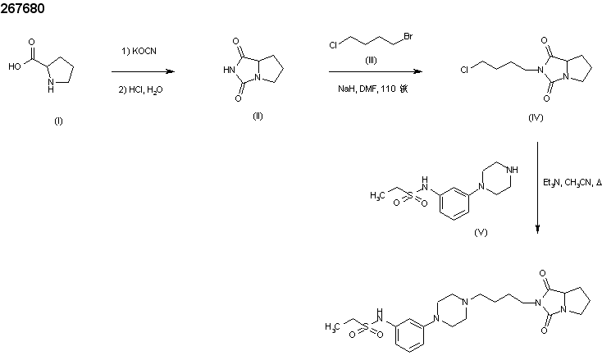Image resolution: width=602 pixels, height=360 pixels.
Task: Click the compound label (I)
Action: pos(58,121)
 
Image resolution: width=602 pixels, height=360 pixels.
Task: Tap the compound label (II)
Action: pos(258,116)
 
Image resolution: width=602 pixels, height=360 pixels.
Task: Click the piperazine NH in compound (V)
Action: pos(512,171)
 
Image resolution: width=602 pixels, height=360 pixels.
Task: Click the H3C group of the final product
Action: pos(331,326)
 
